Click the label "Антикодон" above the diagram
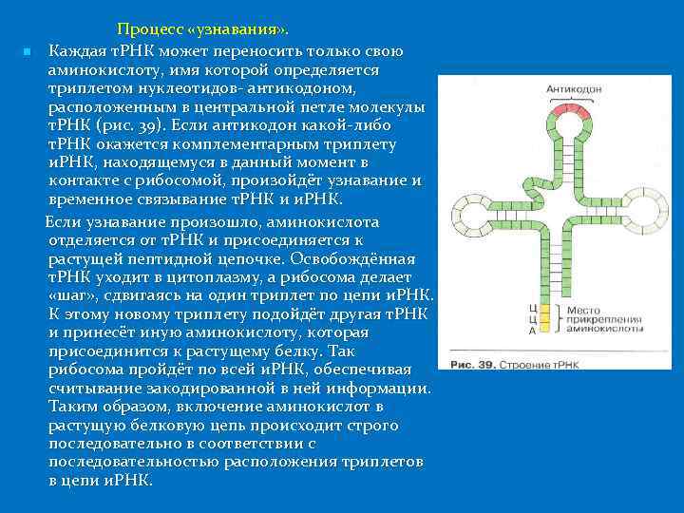(574, 89)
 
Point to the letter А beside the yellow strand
(533, 331)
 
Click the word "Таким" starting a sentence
(72, 407)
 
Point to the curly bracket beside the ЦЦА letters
(557, 320)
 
